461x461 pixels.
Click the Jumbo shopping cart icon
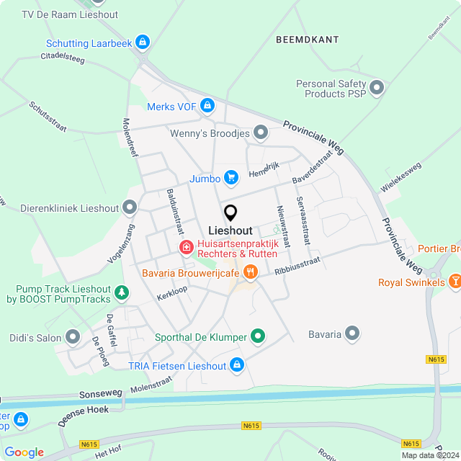(x=230, y=177)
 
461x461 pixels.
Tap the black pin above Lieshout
(x=230, y=213)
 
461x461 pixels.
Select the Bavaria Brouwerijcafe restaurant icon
(x=251, y=272)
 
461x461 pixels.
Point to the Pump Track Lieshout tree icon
(x=122, y=292)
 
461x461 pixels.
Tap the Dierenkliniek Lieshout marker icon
(x=130, y=208)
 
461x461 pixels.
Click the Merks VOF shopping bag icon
(x=207, y=107)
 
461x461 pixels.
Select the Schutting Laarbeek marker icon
(x=143, y=43)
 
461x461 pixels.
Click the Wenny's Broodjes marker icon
(x=261, y=133)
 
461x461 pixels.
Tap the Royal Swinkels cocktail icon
(x=455, y=282)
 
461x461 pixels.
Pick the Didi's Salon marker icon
(x=73, y=336)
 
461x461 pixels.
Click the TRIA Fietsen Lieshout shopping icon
(x=238, y=366)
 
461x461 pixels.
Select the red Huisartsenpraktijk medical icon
(x=186, y=248)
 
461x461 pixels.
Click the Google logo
(x=24, y=452)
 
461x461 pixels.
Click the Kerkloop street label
(x=172, y=295)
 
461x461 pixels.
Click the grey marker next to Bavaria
(x=352, y=334)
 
